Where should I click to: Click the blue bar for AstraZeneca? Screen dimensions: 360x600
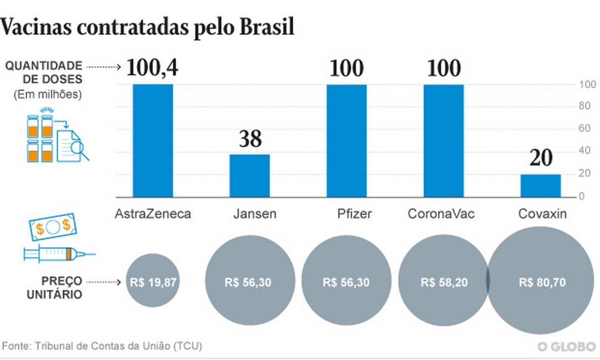[152, 141]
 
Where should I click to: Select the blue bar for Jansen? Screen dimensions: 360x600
[250, 175]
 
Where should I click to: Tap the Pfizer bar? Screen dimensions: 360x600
[346, 141]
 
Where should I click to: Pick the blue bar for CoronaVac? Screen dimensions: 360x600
[444, 141]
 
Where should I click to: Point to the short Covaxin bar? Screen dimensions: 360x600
[540, 186]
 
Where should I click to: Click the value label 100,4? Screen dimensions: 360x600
[152, 68]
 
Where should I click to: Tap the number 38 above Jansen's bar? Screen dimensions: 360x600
[250, 139]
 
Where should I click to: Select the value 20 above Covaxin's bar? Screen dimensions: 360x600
[540, 160]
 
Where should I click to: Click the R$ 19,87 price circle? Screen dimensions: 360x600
[152, 282]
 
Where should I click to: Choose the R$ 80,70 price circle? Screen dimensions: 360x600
[542, 282]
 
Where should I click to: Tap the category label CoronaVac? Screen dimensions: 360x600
[441, 214]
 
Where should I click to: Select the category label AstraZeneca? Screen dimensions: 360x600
[152, 214]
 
